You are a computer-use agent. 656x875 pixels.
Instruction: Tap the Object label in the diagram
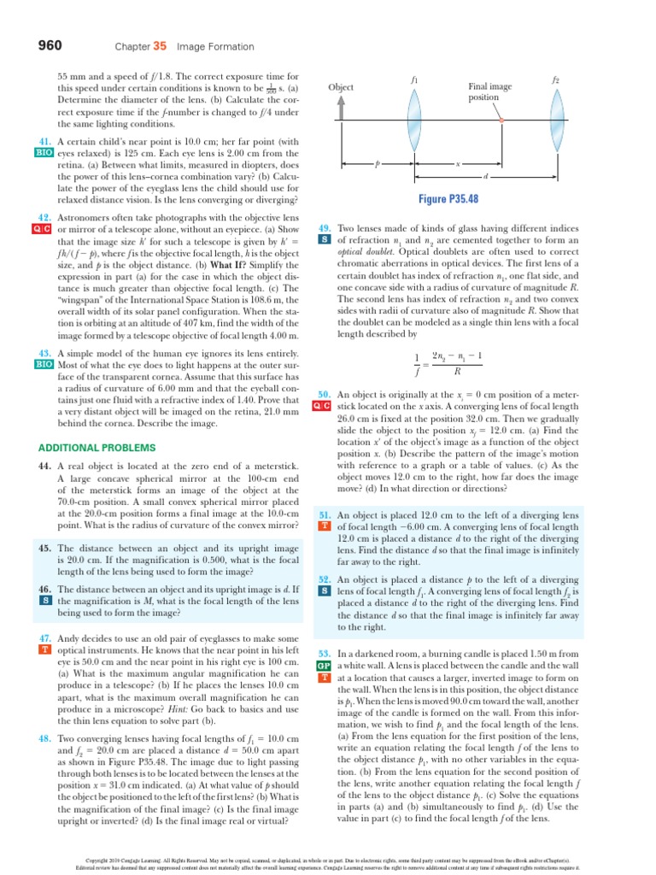click(341, 88)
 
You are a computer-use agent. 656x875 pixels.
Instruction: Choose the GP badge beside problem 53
click(324, 665)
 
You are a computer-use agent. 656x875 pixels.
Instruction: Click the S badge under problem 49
click(324, 240)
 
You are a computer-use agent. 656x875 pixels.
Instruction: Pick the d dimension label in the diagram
click(485, 176)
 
